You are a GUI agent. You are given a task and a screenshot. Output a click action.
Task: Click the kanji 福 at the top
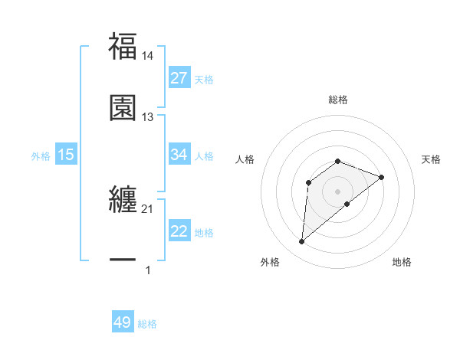coord(123,46)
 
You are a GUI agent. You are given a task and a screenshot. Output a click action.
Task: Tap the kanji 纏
coord(123,200)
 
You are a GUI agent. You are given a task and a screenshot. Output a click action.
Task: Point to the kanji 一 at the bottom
coord(123,260)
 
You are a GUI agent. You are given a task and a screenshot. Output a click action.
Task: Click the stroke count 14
coord(149,55)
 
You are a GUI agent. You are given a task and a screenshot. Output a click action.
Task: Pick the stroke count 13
coord(148,116)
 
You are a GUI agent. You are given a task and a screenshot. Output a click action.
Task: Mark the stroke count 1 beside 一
coord(148,270)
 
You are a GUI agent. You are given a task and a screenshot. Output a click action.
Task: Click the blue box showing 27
coord(179,78)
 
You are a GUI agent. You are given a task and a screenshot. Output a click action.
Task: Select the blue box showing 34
coord(179,155)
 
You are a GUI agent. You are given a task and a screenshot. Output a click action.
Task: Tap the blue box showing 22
coord(179,232)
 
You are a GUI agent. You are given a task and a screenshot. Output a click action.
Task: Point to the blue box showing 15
coord(66,155)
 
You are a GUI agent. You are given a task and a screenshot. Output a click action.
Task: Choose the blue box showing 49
coord(123,322)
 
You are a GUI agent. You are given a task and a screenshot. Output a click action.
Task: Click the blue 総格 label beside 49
coord(147,324)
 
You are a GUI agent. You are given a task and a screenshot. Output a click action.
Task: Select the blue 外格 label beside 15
coord(41,155)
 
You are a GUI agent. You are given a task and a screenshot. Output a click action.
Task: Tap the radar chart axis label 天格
coord(432,159)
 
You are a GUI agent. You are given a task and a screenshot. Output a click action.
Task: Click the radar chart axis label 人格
coord(245,159)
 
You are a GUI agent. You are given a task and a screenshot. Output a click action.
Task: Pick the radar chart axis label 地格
coord(402,262)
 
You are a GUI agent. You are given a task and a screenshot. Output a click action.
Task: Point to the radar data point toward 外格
coord(301,242)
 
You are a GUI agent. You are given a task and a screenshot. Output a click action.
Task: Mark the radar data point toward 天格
coord(381,177)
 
